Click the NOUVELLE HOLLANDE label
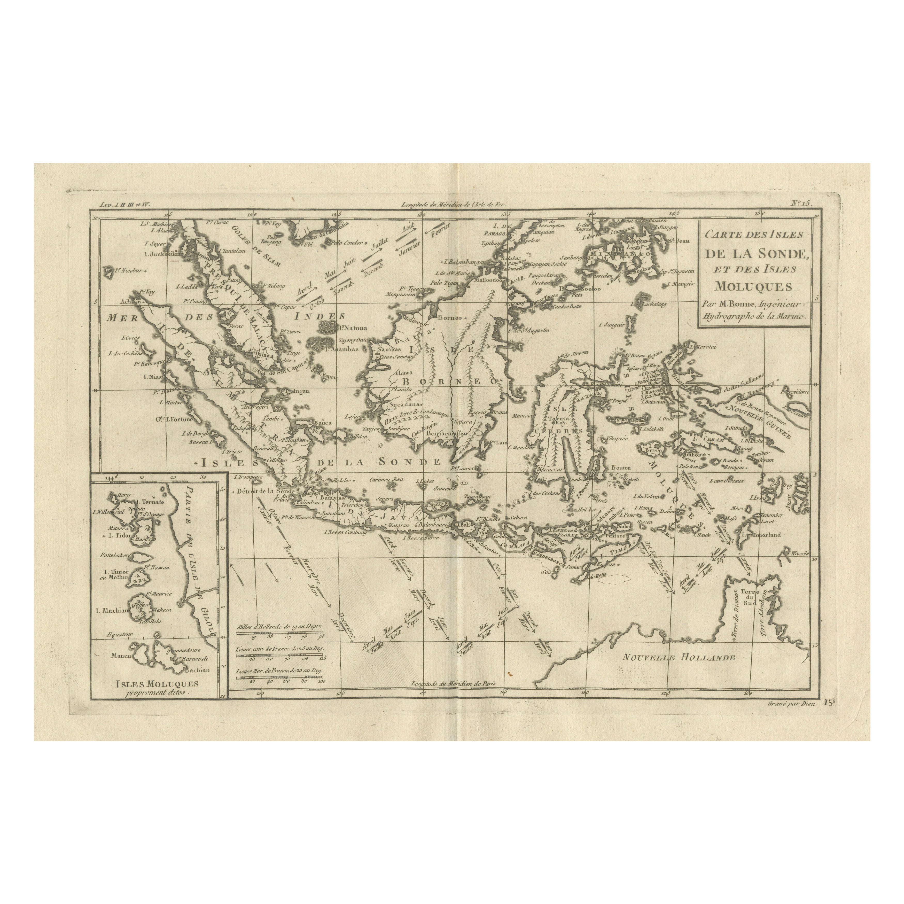pos(679,657)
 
